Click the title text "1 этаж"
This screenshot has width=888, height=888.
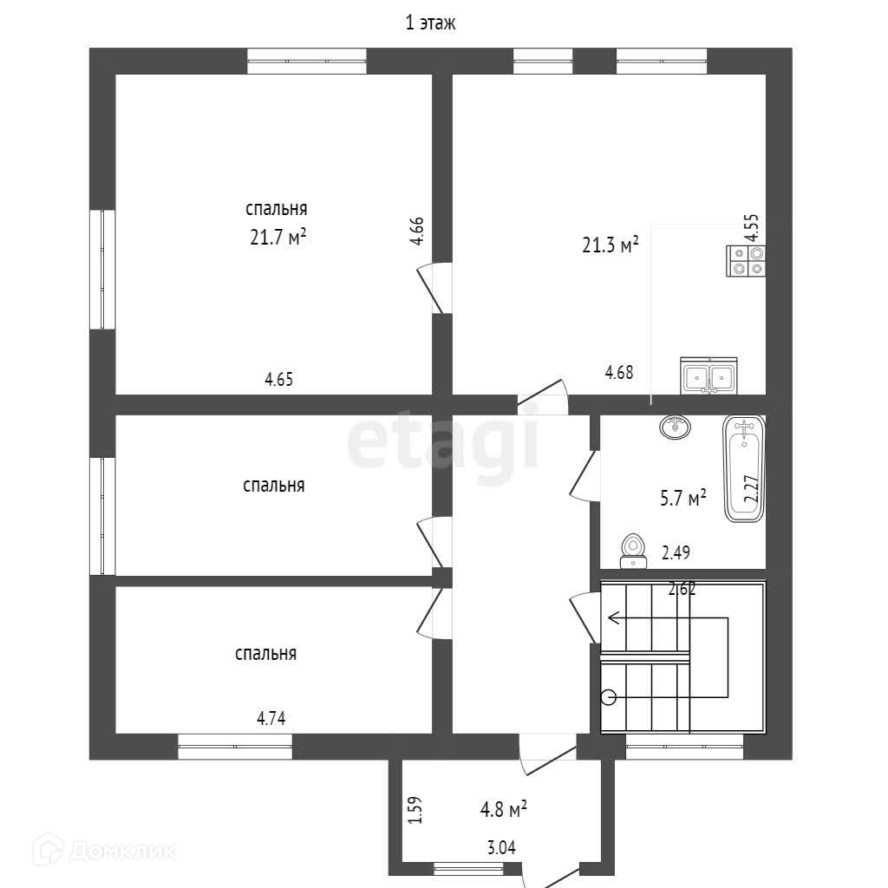coord(430,23)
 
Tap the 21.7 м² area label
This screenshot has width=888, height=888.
coord(278,237)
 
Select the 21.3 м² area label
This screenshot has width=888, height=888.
coord(610,245)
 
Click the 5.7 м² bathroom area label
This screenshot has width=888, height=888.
coord(683,498)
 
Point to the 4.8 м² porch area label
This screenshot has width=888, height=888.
coord(504,809)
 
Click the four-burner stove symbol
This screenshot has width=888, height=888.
coord(746,261)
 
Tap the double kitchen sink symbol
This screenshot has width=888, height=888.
coord(708,375)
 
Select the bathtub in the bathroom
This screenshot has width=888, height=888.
coord(744,469)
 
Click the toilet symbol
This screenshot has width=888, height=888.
coord(633,551)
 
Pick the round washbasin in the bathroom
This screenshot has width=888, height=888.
coord(675,426)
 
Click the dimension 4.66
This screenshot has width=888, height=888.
coord(417,231)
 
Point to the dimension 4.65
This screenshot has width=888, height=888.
coord(278,379)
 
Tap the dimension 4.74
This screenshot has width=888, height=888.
coord(271,718)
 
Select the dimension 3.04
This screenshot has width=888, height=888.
coord(502,848)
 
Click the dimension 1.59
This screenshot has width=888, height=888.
coord(415,810)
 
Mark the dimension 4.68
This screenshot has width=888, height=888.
coord(619,372)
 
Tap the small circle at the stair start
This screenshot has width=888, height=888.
coord(608,697)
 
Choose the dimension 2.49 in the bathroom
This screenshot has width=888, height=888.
coord(676,552)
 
